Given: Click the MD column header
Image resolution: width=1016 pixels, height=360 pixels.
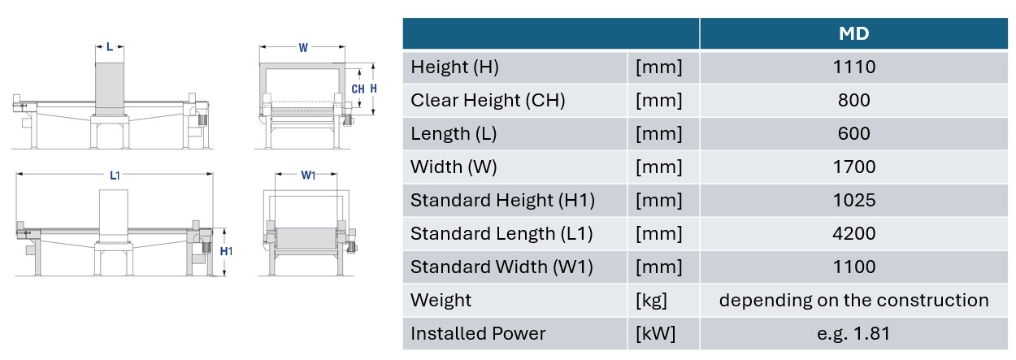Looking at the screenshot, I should point(853,33).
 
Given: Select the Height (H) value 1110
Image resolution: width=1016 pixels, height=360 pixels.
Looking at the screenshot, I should point(853,67).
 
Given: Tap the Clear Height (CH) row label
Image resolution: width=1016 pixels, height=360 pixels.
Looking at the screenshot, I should point(488,101).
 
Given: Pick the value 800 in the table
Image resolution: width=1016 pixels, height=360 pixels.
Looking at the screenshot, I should point(853,101).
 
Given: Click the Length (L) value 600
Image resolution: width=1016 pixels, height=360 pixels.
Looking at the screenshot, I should point(853,134).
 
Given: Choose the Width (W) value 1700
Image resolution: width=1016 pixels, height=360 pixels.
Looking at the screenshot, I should point(853,167).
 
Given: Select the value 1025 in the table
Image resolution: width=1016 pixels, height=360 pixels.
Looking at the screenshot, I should point(853,201).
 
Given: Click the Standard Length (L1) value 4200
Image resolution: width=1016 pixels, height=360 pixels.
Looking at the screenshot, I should point(853,234).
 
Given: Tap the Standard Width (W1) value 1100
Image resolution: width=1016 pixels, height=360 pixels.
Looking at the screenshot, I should point(853,267).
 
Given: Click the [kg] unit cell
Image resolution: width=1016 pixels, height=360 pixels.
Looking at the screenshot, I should point(651,301).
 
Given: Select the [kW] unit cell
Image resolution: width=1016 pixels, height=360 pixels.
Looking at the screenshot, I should point(655,334).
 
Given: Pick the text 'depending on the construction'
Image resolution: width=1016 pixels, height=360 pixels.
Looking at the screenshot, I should point(853,301).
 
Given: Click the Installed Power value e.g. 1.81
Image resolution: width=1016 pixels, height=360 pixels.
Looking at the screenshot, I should point(853,334).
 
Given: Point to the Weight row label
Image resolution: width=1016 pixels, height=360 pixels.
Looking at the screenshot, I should point(441,301).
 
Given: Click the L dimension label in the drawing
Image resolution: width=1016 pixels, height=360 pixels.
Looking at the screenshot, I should point(110,47).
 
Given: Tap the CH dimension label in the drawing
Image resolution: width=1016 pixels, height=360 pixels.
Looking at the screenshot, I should point(358,89).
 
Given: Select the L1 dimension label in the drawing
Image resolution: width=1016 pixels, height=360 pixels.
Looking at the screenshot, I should point(115,176).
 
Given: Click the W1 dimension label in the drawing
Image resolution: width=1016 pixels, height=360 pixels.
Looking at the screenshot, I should point(308,176).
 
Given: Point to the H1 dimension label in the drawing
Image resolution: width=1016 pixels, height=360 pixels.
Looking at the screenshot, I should point(226,251).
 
